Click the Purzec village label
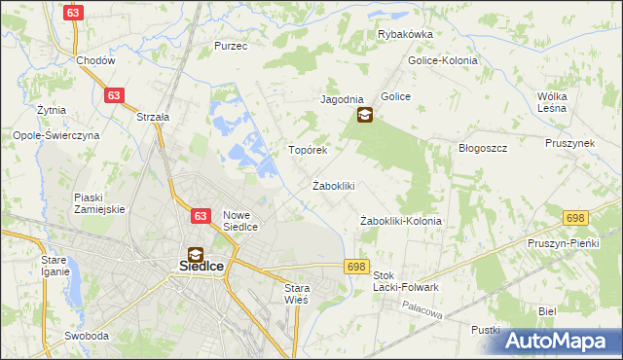click(231, 46)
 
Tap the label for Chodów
click(96, 59)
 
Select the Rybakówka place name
click(405, 34)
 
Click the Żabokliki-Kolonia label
click(401, 221)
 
